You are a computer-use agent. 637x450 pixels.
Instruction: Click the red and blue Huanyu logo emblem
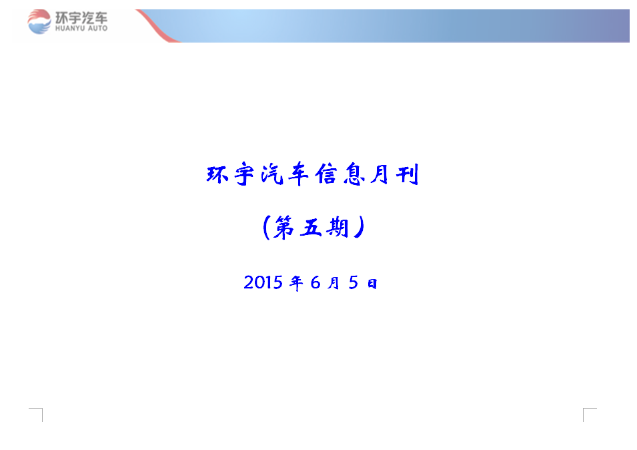(x=39, y=22)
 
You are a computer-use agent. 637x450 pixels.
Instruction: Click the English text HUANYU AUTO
(x=81, y=29)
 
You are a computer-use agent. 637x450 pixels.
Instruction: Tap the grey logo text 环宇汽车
(x=81, y=18)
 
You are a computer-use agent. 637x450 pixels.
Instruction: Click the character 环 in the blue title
(x=217, y=175)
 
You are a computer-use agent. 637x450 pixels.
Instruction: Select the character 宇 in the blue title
(x=245, y=174)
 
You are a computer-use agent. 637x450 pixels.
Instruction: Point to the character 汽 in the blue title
(x=271, y=175)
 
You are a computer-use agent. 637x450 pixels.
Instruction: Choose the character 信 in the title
(x=326, y=174)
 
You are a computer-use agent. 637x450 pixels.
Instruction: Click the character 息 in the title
(x=353, y=175)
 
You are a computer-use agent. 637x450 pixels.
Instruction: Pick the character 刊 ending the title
(x=408, y=175)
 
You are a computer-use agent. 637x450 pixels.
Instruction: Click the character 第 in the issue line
(x=283, y=227)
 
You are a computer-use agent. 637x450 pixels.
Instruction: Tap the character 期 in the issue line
(x=338, y=227)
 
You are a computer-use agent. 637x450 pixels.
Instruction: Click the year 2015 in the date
(x=263, y=282)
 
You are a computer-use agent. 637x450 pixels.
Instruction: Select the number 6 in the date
(x=315, y=282)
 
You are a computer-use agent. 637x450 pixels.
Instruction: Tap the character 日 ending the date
(x=372, y=283)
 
